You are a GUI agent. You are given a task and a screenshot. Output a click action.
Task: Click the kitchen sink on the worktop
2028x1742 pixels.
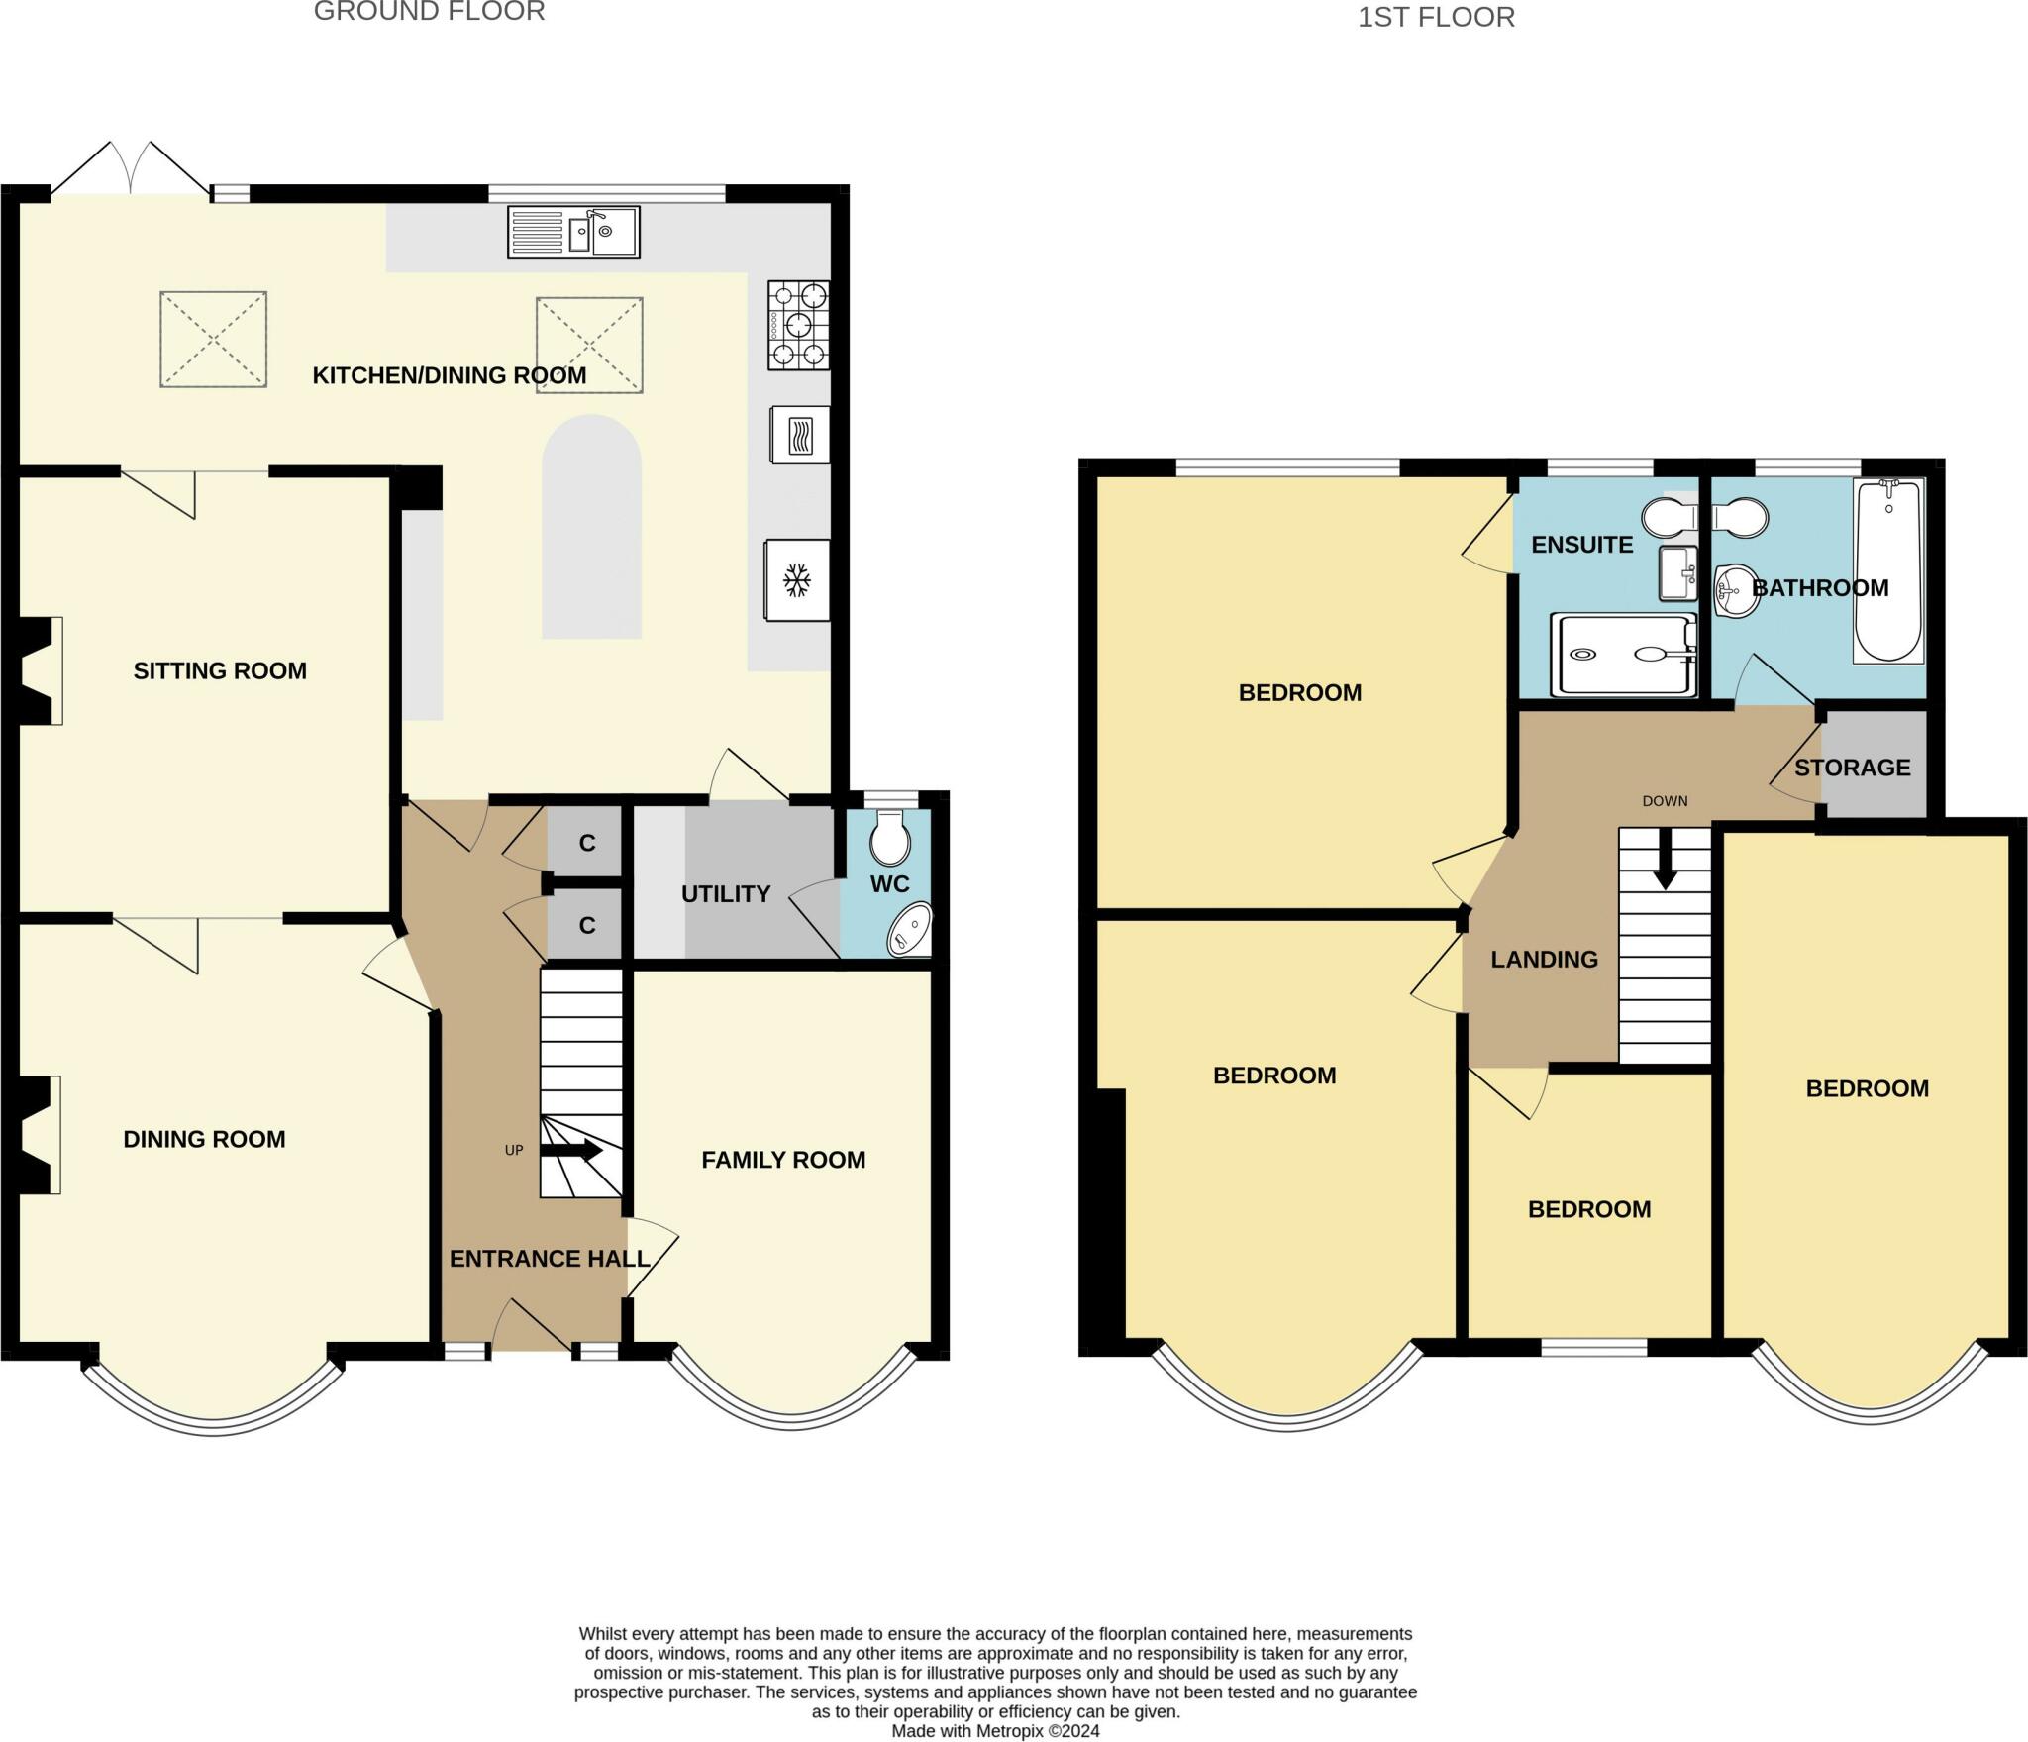[x=573, y=232]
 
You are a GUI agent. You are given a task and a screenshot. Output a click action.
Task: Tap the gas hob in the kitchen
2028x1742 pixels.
[x=798, y=325]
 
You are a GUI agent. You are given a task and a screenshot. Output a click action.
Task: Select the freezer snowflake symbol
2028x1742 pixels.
[x=797, y=580]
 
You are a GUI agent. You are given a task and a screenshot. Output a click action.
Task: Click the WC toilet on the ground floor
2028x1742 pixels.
[x=890, y=838]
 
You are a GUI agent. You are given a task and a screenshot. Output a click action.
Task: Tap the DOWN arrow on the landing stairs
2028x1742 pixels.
[x=1665, y=859]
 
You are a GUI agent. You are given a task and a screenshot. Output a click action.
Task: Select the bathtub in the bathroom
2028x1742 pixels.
[x=1888, y=570]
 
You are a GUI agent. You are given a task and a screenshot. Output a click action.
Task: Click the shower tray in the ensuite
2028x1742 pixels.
[x=1623, y=655]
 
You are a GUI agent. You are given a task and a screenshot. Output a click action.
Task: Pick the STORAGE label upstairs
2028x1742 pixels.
[x=1852, y=768]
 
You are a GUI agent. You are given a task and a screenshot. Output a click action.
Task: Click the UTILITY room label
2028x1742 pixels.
[x=726, y=894]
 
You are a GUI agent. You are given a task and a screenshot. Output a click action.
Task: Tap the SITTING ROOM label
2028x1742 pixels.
[x=220, y=670]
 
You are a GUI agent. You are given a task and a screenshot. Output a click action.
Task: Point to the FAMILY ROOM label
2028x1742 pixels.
[x=783, y=1160]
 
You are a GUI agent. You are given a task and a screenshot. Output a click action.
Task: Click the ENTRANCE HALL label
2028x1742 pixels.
[x=550, y=1259]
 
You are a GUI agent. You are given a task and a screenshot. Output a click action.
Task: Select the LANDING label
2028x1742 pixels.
[x=1545, y=959]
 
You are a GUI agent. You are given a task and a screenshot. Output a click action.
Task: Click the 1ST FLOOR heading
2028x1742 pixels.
[x=1436, y=18]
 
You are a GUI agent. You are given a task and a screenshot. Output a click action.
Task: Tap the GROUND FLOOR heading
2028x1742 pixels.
[x=429, y=12]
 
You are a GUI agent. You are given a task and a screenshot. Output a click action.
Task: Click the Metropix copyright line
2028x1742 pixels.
[x=995, y=1731]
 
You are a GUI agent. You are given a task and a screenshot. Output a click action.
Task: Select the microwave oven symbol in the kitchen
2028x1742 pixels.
[x=799, y=435]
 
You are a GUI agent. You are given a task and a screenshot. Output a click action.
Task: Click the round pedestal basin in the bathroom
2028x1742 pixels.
[x=1737, y=591]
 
